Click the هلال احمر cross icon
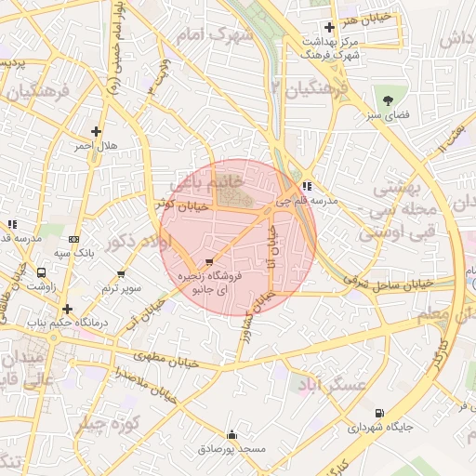[x=96, y=131]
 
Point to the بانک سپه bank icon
[x=73, y=238]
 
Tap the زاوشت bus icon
[x=42, y=273]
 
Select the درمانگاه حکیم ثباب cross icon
[x=67, y=308]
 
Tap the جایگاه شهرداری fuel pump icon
[x=378, y=414]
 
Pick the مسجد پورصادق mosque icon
[x=231, y=434]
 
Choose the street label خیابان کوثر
[x=177, y=204]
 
